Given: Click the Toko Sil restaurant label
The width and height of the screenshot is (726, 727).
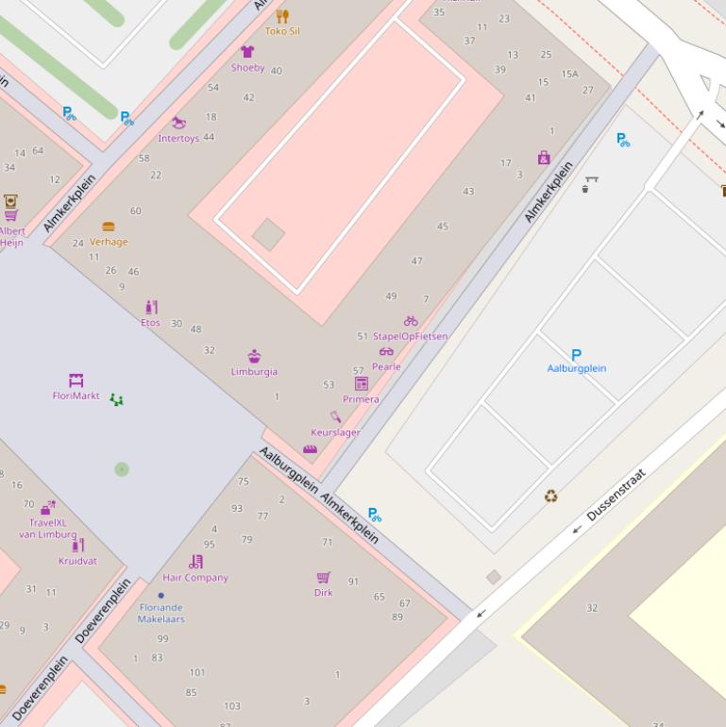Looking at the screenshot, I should (x=281, y=31).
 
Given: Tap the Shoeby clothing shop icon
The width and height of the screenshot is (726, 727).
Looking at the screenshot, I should (x=247, y=52).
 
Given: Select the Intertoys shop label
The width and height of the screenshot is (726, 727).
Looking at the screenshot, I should (x=178, y=139).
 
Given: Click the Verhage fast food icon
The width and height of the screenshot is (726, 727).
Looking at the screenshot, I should (x=109, y=227).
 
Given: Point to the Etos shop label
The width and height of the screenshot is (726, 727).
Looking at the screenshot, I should (x=150, y=323).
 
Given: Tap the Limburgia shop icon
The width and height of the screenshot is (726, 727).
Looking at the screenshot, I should (x=254, y=356).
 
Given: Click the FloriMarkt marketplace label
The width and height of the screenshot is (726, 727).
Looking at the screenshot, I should (x=76, y=397).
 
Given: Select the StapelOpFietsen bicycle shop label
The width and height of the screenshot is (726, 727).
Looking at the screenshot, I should (x=410, y=336).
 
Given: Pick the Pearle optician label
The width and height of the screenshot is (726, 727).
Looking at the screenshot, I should (x=386, y=366).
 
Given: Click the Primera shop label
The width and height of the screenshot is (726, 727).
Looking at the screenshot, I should (x=361, y=399).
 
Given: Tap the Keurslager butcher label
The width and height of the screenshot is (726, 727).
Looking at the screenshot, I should (x=335, y=432).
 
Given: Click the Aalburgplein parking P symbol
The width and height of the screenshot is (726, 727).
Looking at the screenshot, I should (x=576, y=355).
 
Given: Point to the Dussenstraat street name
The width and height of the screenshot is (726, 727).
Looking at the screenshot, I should (x=616, y=496).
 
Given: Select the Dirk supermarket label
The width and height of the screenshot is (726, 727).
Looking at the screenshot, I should (x=323, y=593).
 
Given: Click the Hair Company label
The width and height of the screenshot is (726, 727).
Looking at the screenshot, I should (x=195, y=578).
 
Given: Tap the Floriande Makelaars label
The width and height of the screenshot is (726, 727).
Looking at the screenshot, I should (x=160, y=614).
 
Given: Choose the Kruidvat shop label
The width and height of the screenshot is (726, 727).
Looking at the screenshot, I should (x=77, y=561).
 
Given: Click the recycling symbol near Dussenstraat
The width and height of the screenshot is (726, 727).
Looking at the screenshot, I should (x=550, y=497).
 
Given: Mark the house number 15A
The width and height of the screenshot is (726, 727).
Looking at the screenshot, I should (x=569, y=74).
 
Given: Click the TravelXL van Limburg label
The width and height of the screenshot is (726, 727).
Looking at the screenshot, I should (x=47, y=529).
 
